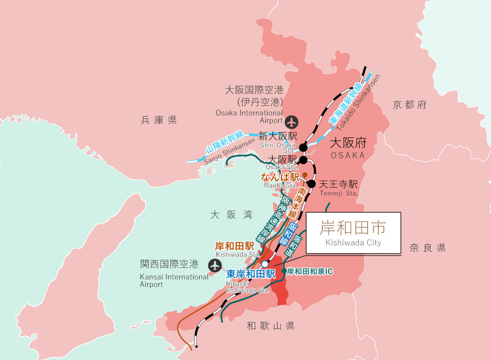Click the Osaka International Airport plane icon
click(x=292, y=121)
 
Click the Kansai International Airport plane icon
click(x=215, y=265)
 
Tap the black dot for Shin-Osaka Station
click(x=303, y=147)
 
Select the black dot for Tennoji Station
click(x=311, y=184)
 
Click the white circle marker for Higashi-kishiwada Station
click(x=265, y=265)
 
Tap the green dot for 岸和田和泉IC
click(x=284, y=271)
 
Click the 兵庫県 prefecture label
click(x=159, y=120)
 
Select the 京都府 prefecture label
click(x=409, y=105)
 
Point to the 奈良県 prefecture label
click(x=428, y=248)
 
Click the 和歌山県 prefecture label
click(x=271, y=326)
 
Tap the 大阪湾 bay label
click(x=231, y=215)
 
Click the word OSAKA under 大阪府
click(x=347, y=155)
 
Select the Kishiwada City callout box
click(x=353, y=233)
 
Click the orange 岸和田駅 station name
click(x=235, y=245)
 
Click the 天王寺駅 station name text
click(x=338, y=184)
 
